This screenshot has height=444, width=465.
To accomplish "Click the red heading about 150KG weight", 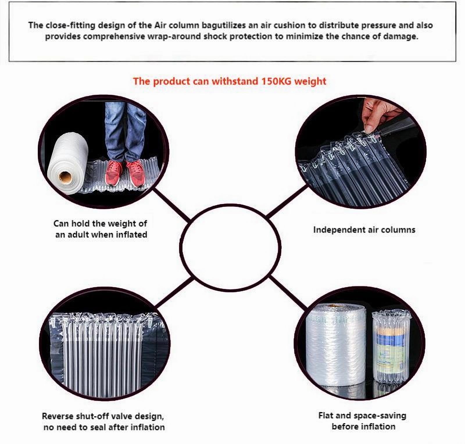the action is coord(230,81).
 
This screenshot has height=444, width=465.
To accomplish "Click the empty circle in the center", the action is coord(230,247).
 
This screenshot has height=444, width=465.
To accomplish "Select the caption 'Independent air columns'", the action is coord(364,230).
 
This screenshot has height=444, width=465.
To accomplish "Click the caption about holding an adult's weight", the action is coord(101,229).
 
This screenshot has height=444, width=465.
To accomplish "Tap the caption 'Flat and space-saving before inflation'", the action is coord(363,421).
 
